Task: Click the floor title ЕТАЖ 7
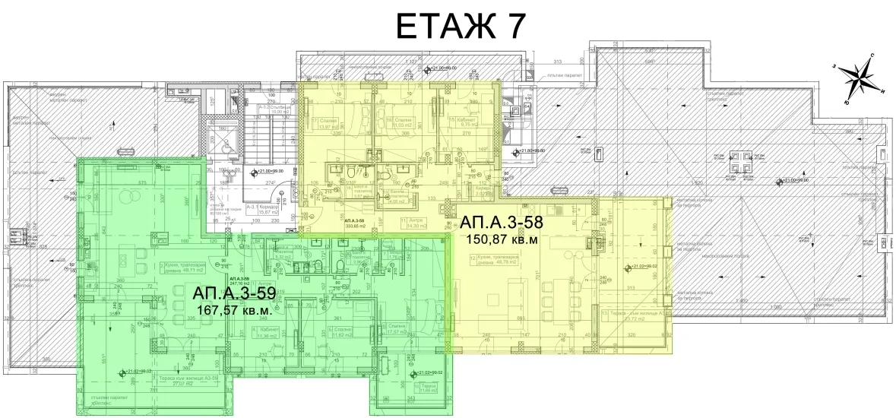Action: pyautogui.click(x=460, y=25)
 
